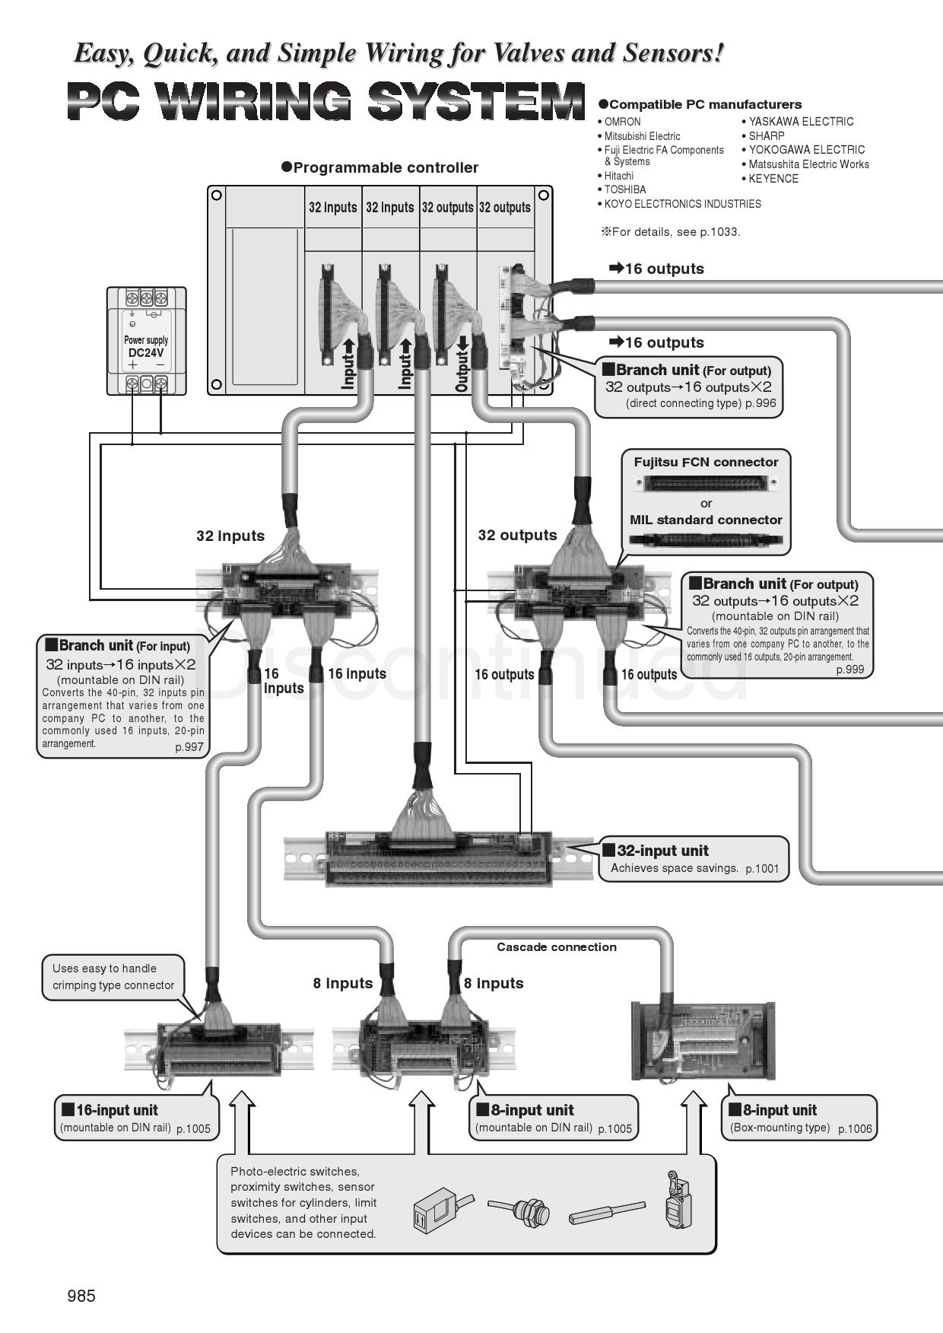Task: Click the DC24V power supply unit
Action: point(146,341)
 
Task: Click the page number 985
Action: point(81,1296)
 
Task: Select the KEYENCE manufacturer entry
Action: point(773,179)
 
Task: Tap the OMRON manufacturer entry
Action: point(622,122)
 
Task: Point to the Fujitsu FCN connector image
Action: point(706,482)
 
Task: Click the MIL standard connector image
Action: point(706,540)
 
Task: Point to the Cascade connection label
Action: point(557,947)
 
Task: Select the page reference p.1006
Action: point(855,1129)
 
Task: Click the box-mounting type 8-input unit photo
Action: point(703,1041)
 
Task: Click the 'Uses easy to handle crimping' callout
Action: point(113,977)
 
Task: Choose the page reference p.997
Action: point(189,747)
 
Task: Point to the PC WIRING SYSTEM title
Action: point(325,102)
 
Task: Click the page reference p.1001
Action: point(762,869)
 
